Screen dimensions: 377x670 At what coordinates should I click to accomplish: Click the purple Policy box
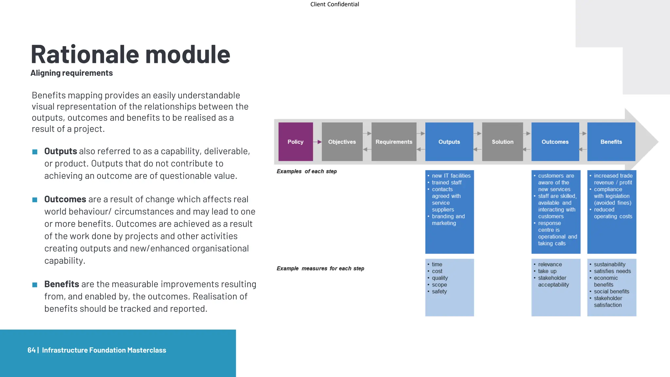295,142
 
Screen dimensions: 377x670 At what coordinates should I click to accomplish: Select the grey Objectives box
342,142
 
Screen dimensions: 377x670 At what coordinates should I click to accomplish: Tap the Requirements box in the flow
394,142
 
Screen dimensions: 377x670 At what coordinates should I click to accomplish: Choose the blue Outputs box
449,142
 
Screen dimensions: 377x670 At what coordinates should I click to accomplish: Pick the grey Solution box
502,142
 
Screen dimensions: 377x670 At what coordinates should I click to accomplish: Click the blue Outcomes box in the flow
555,142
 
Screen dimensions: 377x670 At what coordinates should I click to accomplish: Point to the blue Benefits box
611,142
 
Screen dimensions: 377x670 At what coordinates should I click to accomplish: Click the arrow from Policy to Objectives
317,142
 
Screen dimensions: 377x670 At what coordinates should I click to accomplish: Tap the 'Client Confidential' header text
334,4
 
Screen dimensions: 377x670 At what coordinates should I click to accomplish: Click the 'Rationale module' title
130,54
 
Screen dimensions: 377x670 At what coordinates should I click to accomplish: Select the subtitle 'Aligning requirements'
72,73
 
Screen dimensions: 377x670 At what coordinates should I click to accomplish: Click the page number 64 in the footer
31,350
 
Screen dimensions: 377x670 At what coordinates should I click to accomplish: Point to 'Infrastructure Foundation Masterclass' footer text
104,350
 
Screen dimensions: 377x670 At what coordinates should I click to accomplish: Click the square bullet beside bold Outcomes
35,200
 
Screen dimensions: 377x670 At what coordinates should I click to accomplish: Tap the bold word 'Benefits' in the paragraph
62,284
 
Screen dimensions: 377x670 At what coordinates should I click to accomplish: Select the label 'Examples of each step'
307,171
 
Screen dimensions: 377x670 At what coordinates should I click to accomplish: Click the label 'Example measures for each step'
320,268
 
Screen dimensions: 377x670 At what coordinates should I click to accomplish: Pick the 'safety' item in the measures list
439,291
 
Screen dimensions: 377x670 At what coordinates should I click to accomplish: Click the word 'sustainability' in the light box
609,264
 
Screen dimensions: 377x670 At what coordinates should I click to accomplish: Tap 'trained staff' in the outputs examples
447,182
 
